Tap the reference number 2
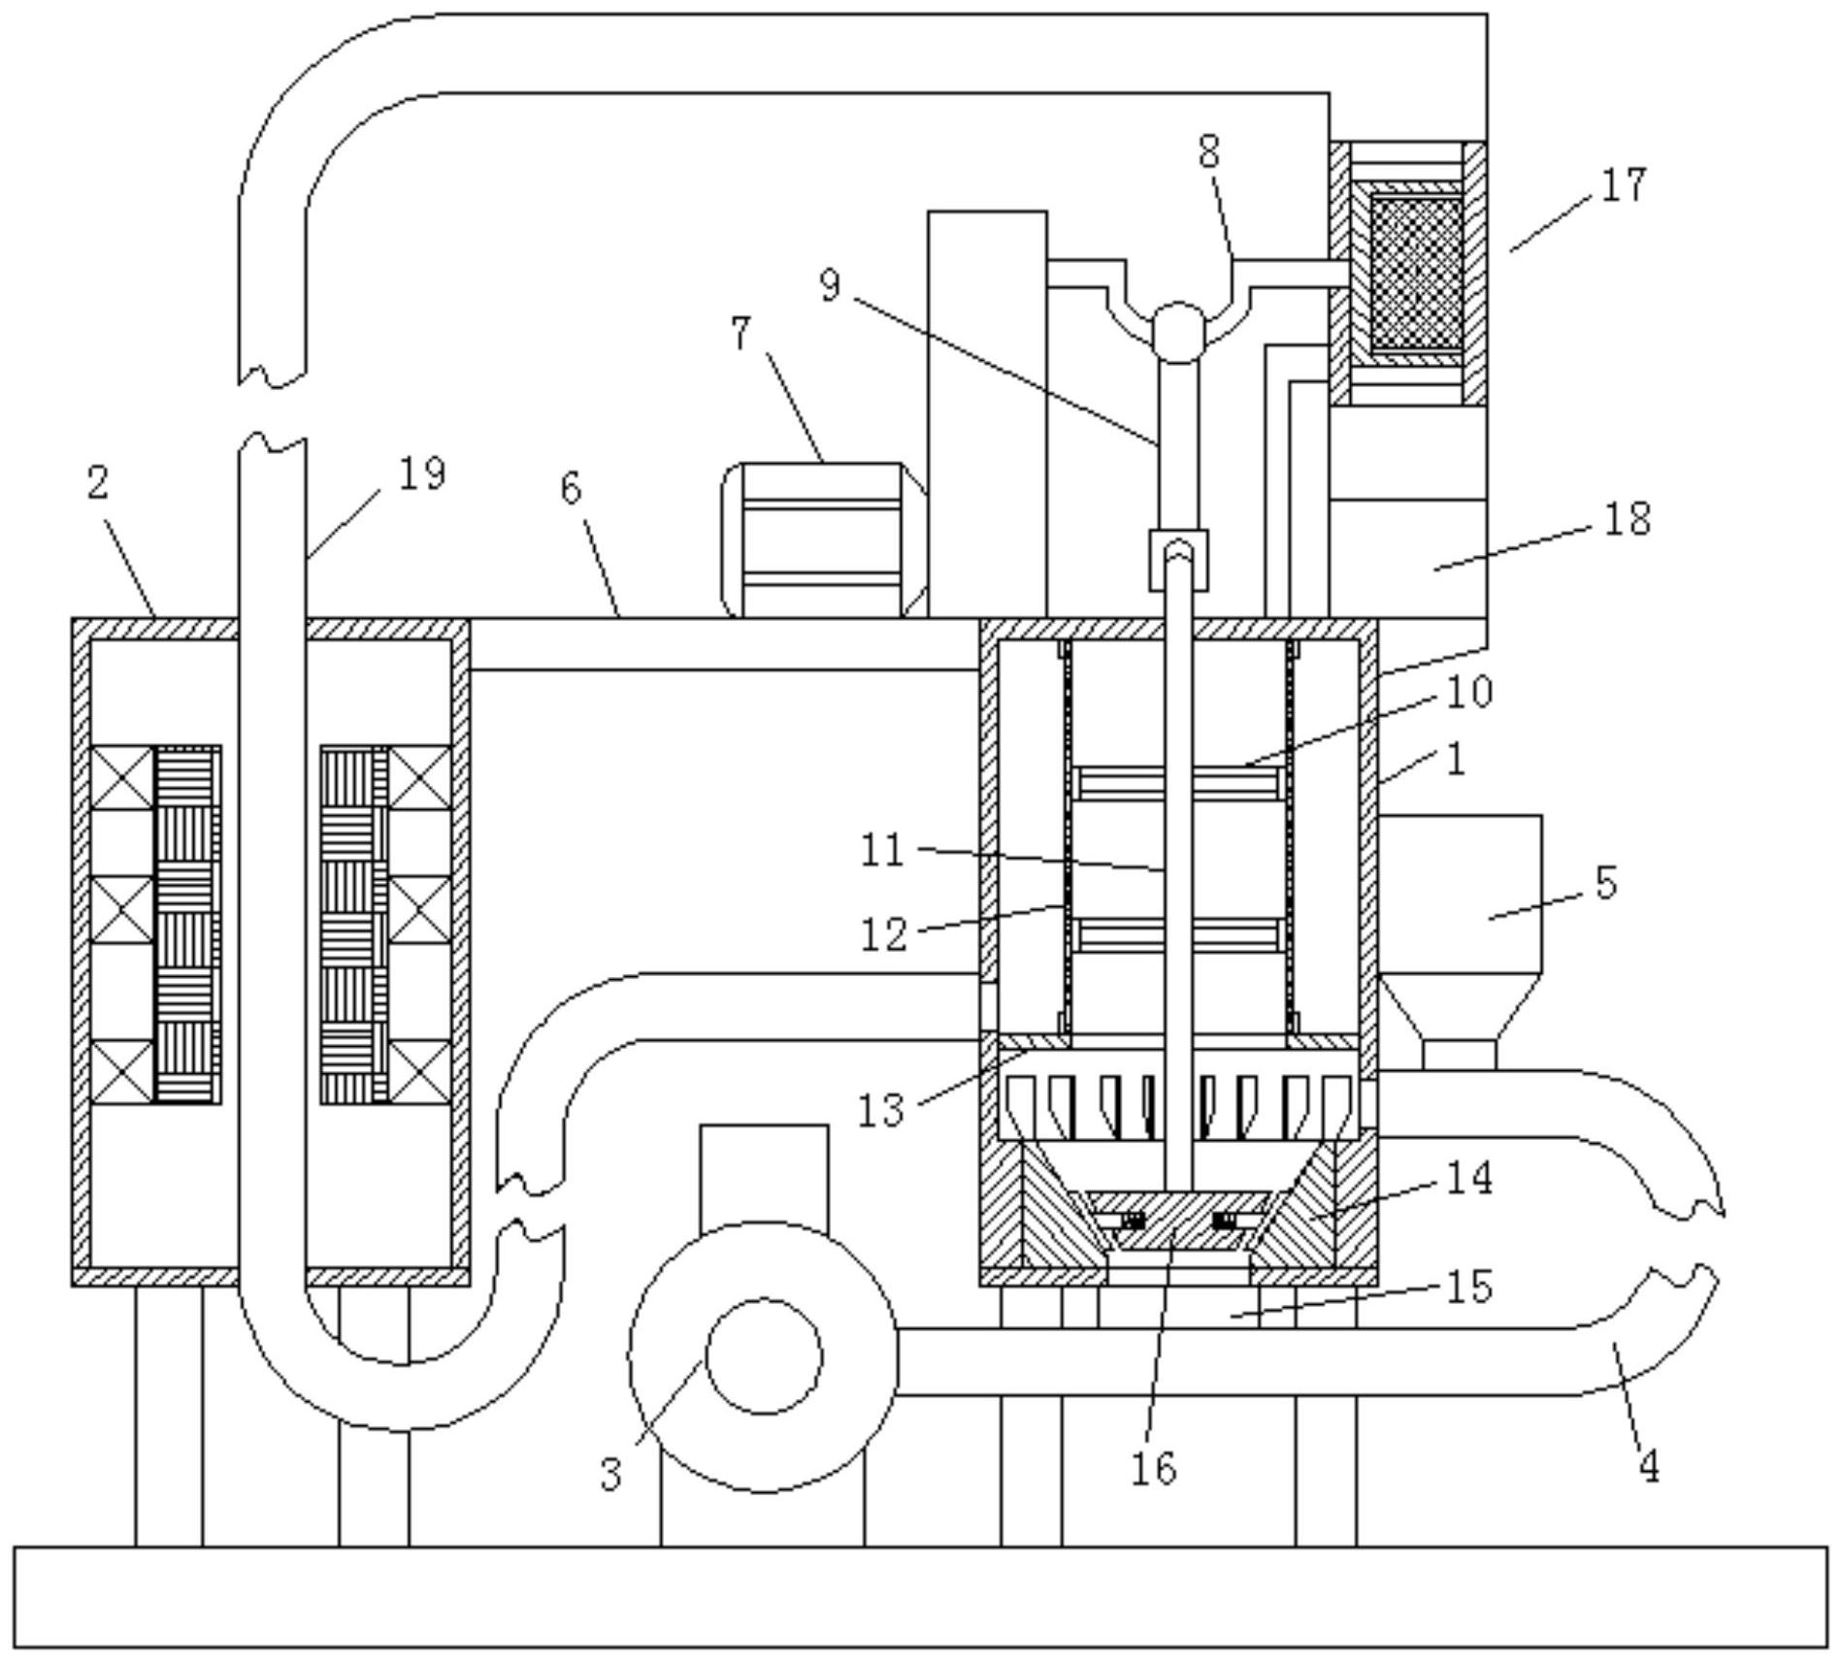point(97,482)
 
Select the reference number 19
point(422,474)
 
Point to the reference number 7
point(740,335)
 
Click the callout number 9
point(830,285)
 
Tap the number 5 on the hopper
point(1606,883)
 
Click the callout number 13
point(881,1109)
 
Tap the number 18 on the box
point(1628,519)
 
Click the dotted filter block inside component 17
point(1416,275)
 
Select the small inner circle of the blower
point(764,1356)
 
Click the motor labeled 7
point(823,539)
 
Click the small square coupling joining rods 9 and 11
point(1179,560)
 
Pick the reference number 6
point(572,488)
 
